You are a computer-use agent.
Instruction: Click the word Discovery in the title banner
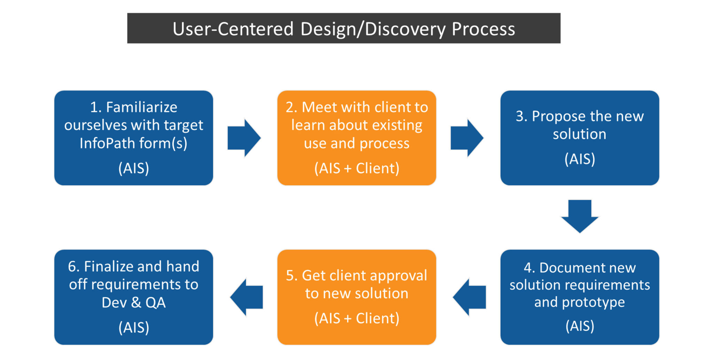(405, 29)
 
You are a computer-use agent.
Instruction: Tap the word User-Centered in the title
(233, 29)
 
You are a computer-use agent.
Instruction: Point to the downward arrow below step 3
(580, 216)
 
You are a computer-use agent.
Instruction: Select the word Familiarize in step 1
(142, 107)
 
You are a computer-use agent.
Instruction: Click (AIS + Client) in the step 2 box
(356, 168)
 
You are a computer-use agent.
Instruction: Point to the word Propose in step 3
(555, 116)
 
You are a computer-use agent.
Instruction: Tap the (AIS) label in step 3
(580, 159)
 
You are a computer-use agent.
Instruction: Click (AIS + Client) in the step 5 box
(356, 318)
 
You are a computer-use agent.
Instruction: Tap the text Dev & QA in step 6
(134, 302)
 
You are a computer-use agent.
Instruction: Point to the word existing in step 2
(396, 125)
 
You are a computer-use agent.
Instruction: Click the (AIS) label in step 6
(134, 327)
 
